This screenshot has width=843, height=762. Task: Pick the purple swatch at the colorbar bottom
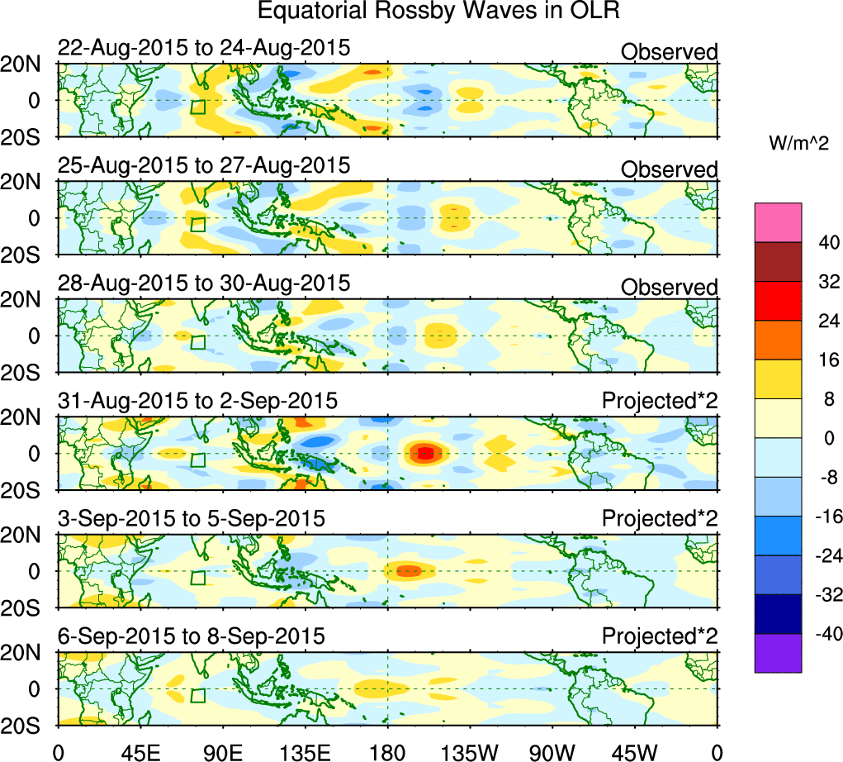(778, 653)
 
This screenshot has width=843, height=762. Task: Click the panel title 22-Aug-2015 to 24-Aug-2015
(204, 49)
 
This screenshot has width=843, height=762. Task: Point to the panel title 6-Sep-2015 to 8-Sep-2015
(192, 637)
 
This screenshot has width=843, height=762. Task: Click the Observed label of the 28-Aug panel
(670, 288)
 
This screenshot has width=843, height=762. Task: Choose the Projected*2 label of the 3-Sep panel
(660, 519)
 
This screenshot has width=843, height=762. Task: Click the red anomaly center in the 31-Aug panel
(424, 453)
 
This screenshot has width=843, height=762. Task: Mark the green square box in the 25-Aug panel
(197, 225)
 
